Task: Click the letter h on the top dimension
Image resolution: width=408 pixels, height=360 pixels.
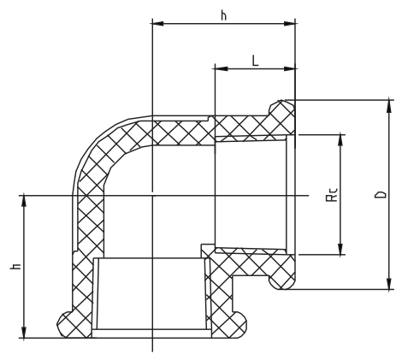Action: click(x=223, y=15)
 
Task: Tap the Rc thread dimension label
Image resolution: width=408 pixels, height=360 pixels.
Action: click(x=330, y=196)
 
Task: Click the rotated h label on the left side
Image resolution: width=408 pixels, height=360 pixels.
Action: click(x=15, y=267)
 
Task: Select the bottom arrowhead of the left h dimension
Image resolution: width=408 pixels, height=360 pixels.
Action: click(x=24, y=334)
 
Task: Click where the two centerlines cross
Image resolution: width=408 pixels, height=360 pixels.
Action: click(x=151, y=195)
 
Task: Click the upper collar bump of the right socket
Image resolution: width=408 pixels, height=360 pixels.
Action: click(x=281, y=109)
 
